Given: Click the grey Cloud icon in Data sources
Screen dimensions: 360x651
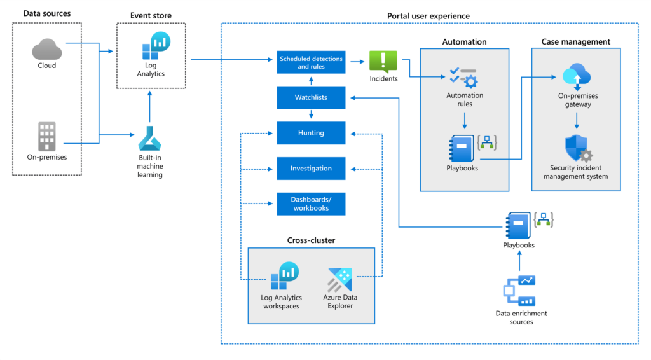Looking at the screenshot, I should (x=46, y=48).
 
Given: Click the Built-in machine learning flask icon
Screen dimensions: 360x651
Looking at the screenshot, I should (x=151, y=139).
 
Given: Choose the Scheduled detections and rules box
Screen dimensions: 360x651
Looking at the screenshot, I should (x=311, y=62).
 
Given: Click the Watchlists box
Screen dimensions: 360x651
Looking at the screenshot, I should (x=311, y=98).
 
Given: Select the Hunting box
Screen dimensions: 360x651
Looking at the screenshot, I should (x=311, y=133).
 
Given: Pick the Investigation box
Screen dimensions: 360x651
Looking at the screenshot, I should (x=311, y=169).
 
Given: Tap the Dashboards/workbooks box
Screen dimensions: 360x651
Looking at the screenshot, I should (x=311, y=204).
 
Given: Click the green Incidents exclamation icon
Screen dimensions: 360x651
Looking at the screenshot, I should (x=383, y=62).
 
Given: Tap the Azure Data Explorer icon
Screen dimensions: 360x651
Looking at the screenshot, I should (x=340, y=279).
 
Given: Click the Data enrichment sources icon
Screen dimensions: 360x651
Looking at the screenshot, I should (x=520, y=291).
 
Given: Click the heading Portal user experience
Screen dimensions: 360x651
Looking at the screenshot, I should (x=429, y=15).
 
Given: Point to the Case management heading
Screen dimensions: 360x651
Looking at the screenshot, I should (x=575, y=42).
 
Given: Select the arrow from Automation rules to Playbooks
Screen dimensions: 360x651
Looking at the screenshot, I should (x=465, y=120).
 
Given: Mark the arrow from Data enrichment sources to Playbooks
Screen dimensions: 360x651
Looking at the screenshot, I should (x=520, y=261).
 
